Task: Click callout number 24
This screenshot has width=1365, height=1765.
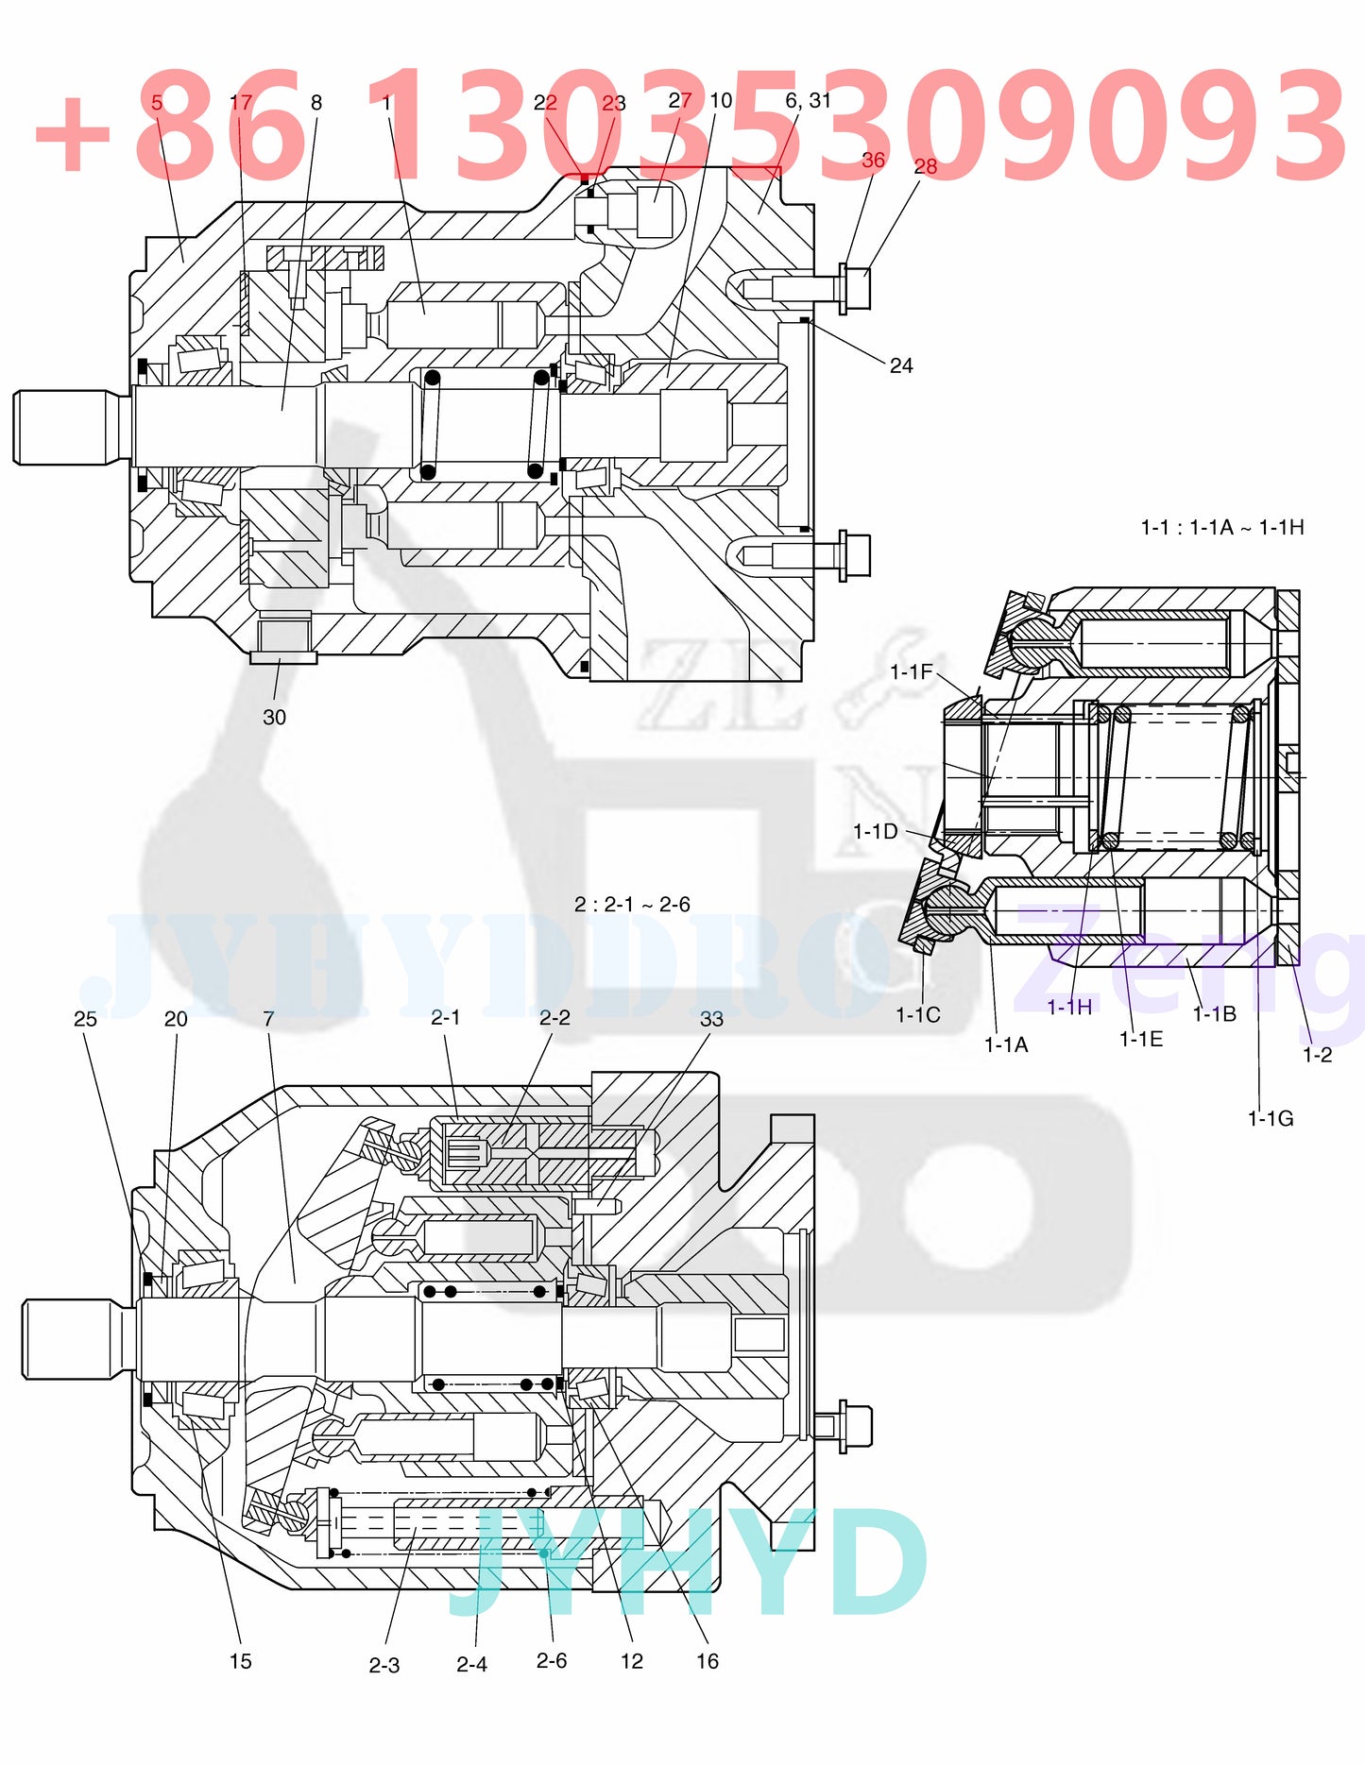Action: pos(900,365)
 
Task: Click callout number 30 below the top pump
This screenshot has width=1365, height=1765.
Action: pos(274,717)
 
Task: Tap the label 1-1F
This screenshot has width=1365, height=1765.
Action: pos(911,671)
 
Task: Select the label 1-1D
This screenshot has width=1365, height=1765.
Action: pos(875,831)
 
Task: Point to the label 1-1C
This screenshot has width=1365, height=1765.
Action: pos(917,1014)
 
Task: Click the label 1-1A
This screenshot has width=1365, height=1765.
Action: pos(1005,1044)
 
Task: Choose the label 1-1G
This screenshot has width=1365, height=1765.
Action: pos(1270,1118)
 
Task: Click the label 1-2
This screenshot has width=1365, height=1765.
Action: pos(1317,1054)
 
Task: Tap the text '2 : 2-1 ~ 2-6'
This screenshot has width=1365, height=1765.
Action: pos(632,904)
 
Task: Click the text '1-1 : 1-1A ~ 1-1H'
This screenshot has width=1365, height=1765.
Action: pos(1221,527)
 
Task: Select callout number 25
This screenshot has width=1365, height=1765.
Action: pos(85,1018)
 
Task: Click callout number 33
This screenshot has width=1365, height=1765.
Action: pos(711,1018)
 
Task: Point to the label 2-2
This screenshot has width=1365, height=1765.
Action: pos(555,1017)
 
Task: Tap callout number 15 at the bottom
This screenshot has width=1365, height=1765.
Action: pos(240,1661)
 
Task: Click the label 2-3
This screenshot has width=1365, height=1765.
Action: pos(384,1665)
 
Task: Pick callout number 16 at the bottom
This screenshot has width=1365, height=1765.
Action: pos(707,1661)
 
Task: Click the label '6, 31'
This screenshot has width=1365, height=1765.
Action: pos(808,100)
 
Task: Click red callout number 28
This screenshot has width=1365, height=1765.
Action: pos(925,166)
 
